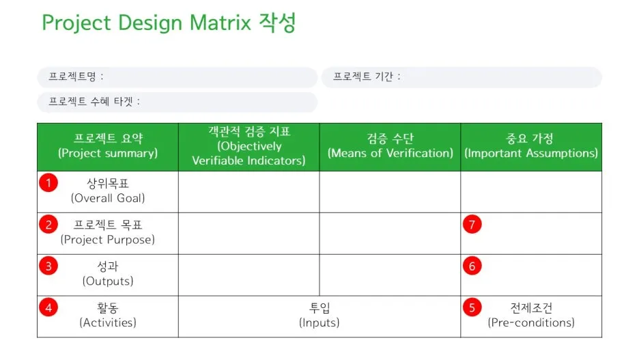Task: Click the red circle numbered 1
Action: point(48,183)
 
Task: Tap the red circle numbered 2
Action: point(48,225)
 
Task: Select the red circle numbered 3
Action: point(48,266)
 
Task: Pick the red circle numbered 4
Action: point(48,308)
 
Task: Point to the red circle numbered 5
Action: point(472,308)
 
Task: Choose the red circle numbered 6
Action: point(472,266)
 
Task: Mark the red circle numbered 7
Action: point(472,225)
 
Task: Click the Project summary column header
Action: point(108,146)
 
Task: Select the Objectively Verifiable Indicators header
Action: point(248,146)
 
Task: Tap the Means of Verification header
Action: point(390,146)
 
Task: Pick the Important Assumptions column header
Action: point(531,146)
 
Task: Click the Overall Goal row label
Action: point(108,191)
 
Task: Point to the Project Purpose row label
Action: point(108,232)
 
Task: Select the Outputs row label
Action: point(108,274)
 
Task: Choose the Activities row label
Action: point(108,316)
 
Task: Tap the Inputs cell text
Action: point(319,316)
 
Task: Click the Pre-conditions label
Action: point(531,316)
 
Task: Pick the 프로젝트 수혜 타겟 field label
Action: point(94,102)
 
